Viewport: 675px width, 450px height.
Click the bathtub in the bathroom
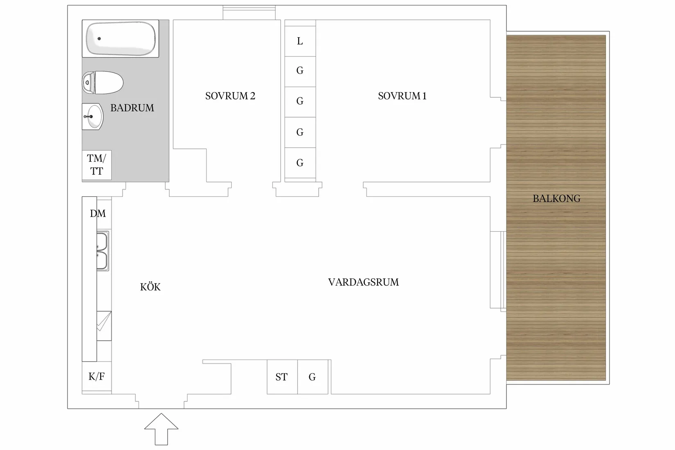(x=121, y=38)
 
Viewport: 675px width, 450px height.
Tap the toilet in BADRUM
(x=103, y=83)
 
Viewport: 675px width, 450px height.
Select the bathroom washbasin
(x=93, y=117)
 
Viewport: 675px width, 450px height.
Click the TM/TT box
(x=97, y=165)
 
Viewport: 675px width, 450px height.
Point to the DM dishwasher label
(x=98, y=214)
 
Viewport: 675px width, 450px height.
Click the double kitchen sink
(x=102, y=251)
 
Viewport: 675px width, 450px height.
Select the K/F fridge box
(x=97, y=377)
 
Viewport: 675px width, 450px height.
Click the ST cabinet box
(x=282, y=377)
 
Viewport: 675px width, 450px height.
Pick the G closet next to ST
(x=313, y=377)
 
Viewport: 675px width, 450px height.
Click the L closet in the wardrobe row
(x=300, y=41)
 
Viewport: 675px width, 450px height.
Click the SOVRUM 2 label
(x=230, y=96)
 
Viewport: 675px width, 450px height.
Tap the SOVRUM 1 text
(x=402, y=96)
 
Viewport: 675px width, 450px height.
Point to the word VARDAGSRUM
(x=363, y=282)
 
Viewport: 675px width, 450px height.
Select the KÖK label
(x=150, y=287)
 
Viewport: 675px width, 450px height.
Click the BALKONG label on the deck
(x=556, y=199)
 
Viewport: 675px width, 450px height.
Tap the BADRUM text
(x=132, y=108)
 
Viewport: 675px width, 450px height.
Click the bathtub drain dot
(x=99, y=38)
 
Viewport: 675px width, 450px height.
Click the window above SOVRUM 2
(x=249, y=12)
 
